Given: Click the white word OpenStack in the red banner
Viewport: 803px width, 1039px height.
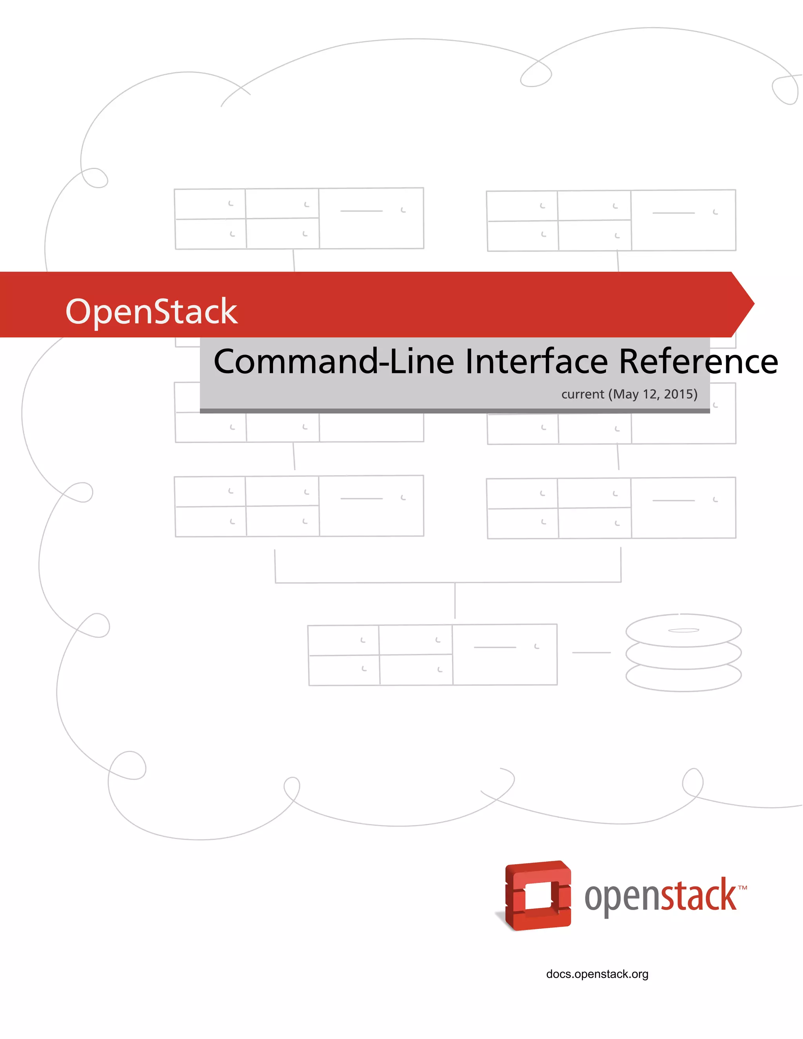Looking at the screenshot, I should click(x=151, y=312).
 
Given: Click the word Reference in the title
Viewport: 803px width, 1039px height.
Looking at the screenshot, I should click(x=698, y=361).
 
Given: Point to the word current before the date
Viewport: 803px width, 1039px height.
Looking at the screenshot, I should click(x=582, y=394).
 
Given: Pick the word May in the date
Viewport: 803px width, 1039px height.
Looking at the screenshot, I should click(x=625, y=394).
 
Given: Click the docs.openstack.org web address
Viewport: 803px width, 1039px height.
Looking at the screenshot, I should click(x=597, y=974).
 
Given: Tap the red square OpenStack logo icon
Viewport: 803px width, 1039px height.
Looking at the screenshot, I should click(x=538, y=896).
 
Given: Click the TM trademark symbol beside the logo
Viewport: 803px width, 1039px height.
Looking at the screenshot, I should click(x=743, y=888).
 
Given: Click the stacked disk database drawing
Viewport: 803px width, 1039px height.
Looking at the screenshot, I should click(x=683, y=653).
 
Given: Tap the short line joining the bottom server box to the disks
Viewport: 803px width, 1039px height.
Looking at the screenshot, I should click(x=591, y=653).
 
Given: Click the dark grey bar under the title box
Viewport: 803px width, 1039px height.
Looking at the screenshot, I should click(x=454, y=411).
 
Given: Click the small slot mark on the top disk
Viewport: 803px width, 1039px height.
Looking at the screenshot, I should click(x=683, y=630).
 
